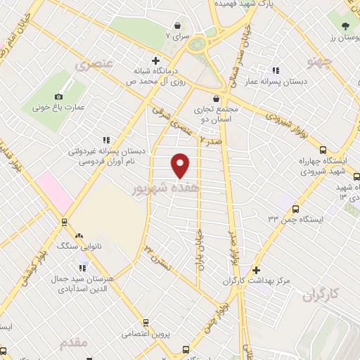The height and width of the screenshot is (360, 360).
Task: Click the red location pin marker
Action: [x=181, y=165]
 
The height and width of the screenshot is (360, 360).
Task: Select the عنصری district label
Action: [x=93, y=65]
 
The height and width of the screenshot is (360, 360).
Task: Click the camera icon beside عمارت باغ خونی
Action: [x=58, y=96]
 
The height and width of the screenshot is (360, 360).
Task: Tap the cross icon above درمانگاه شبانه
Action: [x=155, y=60]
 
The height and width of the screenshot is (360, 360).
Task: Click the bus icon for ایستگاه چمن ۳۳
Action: [x=296, y=209]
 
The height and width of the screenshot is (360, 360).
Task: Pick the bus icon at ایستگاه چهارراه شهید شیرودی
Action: [x=323, y=150]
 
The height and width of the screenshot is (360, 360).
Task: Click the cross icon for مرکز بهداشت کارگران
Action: [x=257, y=270]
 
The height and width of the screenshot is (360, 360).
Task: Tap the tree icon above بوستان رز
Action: [x=345, y=27]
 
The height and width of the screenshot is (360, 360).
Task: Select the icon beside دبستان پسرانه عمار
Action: [x=276, y=70]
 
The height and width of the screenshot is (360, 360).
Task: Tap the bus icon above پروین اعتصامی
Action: [x=146, y=323]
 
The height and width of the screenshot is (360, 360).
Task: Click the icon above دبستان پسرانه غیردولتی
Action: [x=106, y=140]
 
